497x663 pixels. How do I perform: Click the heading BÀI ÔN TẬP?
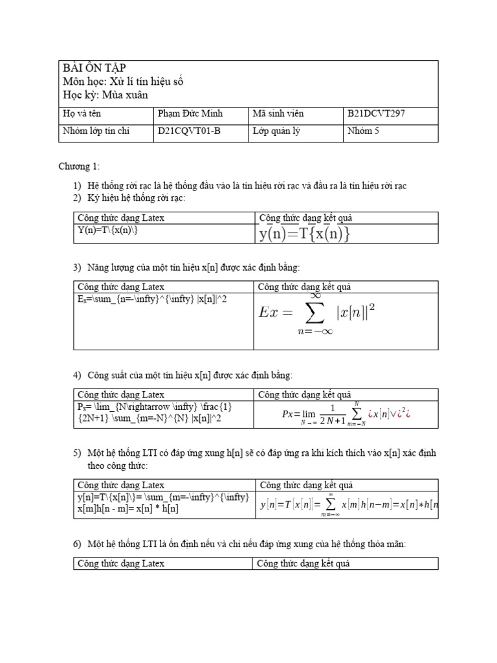94,69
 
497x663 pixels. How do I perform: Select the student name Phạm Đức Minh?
190,114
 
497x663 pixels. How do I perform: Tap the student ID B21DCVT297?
376,114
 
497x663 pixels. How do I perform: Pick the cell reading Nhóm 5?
359,131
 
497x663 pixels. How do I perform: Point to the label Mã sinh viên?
278,114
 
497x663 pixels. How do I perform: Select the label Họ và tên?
82,114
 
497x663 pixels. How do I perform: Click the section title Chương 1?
80,167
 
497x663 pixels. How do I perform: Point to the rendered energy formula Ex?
316,313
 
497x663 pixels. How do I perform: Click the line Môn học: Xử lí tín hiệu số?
127,82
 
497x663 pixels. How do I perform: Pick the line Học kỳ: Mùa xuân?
105,95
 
